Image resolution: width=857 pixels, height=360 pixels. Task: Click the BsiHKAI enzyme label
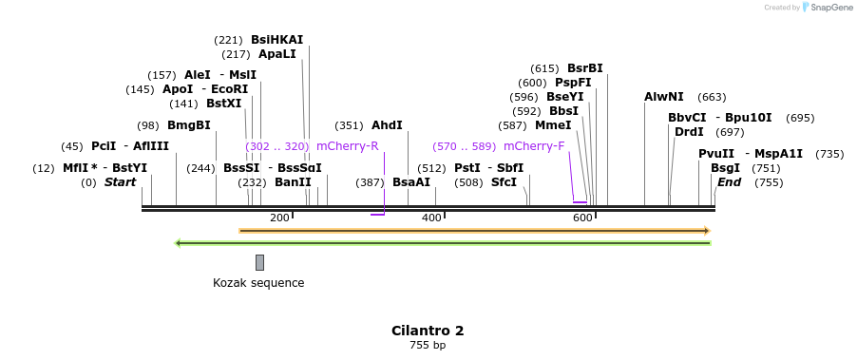(276, 40)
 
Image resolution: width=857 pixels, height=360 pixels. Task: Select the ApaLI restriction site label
(276, 54)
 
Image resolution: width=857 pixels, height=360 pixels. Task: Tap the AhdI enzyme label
(387, 125)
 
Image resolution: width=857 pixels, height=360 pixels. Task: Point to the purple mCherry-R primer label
(347, 146)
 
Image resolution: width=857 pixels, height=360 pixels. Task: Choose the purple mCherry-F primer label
(534, 146)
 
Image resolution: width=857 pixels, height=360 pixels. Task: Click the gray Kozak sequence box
(259, 262)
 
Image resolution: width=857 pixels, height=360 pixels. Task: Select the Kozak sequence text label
(258, 282)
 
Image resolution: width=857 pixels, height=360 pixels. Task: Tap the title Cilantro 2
(428, 331)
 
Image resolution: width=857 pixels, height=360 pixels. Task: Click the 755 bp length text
(428, 346)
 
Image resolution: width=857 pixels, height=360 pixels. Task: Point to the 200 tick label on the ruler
(279, 218)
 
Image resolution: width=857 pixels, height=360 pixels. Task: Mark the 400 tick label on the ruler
(431, 218)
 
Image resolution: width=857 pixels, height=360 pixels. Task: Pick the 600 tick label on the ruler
(582, 218)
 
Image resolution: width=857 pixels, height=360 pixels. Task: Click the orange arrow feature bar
(474, 230)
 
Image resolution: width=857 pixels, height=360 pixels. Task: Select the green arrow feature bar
(444, 243)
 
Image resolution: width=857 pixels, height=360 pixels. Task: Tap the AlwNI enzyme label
(663, 97)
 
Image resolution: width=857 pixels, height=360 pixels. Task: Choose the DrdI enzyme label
(689, 132)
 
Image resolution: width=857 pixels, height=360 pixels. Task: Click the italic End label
(729, 182)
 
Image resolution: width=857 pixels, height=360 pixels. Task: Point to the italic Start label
(120, 182)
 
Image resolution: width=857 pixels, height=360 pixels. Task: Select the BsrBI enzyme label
(584, 68)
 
